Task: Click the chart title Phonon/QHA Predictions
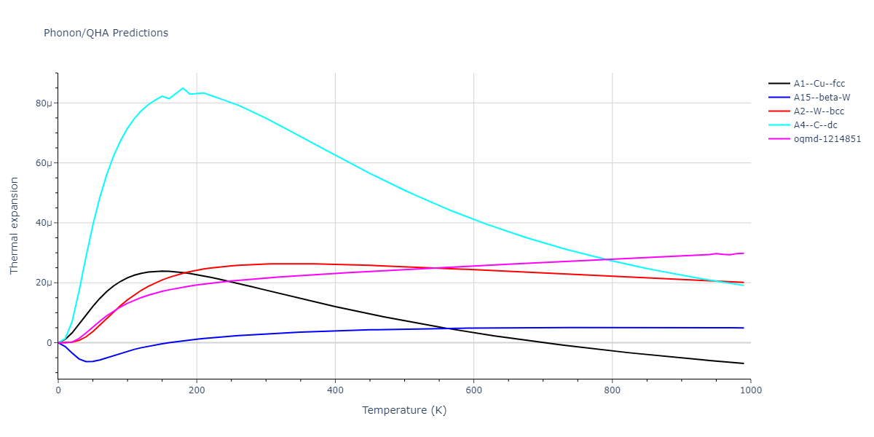point(106,33)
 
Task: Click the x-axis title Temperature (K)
point(404,410)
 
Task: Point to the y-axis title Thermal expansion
point(15,226)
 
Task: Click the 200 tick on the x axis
point(197,390)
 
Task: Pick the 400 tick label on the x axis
point(335,390)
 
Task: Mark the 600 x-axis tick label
point(473,390)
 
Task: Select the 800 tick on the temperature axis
point(612,390)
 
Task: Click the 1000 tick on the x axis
point(750,390)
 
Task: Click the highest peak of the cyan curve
point(183,88)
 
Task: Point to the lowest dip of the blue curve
point(88,361)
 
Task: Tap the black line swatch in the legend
point(779,84)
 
